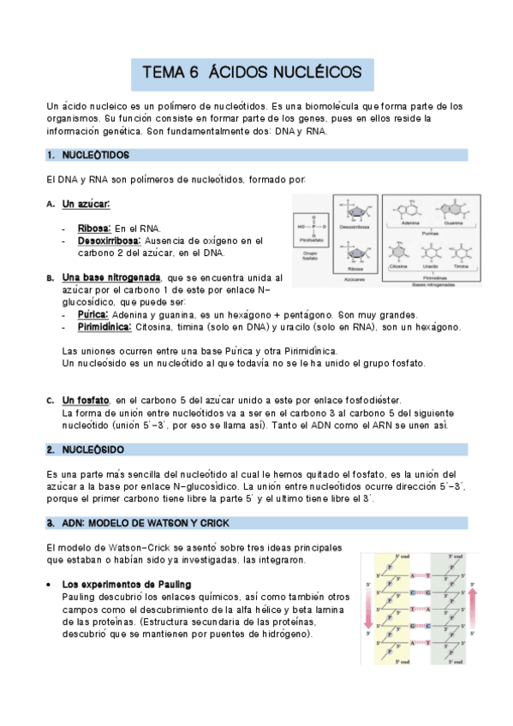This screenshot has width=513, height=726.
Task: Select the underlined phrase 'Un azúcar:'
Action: [86, 205]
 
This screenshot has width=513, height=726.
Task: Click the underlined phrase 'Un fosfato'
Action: [86, 400]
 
